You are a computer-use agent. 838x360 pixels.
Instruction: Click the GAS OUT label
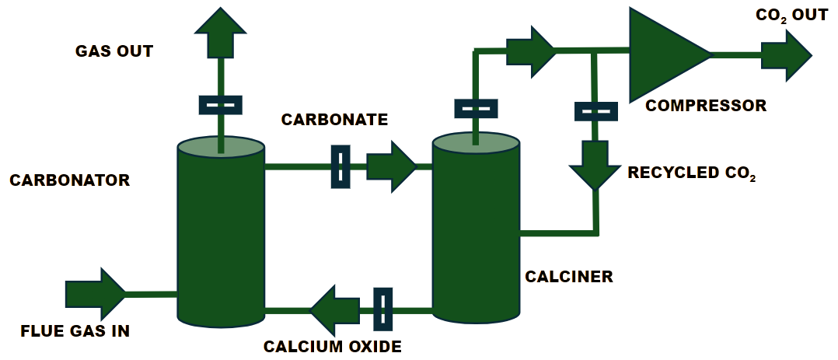coord(114,52)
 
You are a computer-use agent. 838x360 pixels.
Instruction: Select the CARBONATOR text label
coord(69,180)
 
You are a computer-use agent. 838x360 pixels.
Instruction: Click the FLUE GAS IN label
coord(75,330)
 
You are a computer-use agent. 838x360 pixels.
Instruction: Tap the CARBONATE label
coord(334,120)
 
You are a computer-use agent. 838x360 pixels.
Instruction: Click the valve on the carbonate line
coord(340,166)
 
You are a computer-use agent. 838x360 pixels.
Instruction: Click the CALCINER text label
coord(569,276)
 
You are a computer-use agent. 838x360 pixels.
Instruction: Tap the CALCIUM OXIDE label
coord(333,347)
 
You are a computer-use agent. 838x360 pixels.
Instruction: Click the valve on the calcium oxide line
coord(383,309)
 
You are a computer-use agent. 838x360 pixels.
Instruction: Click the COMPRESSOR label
coord(707,106)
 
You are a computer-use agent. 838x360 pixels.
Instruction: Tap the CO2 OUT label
coord(792,15)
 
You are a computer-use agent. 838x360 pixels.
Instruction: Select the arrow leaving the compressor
coord(785,55)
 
